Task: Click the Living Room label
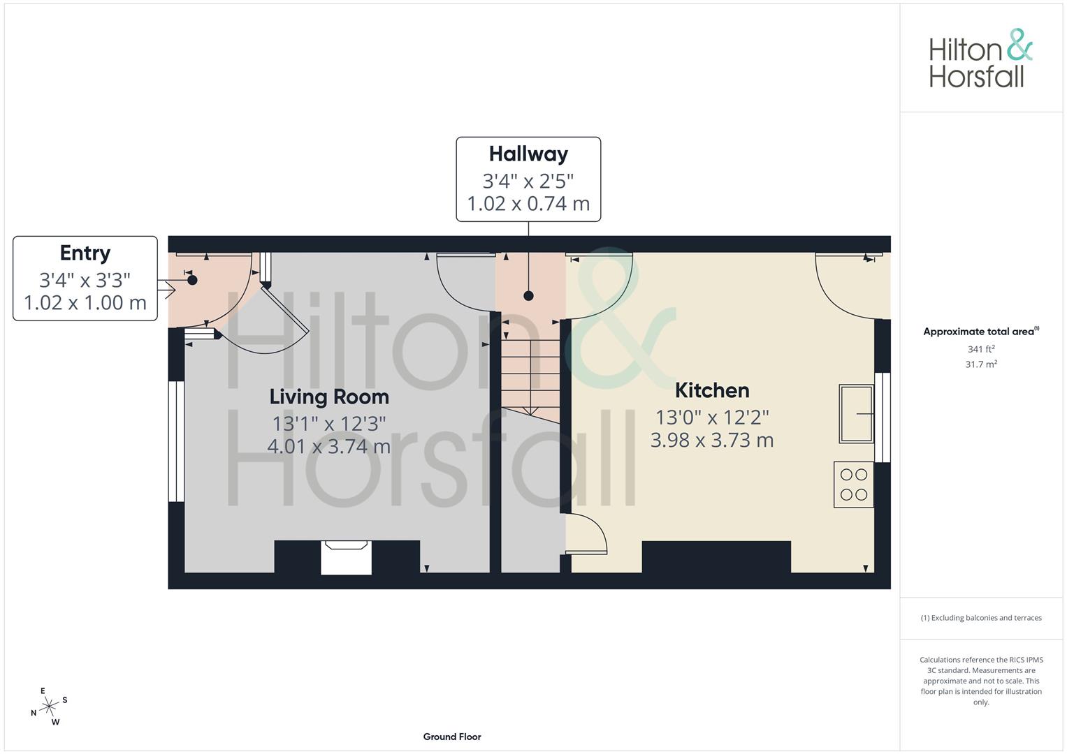pos(329,397)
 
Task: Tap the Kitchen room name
pos(712,391)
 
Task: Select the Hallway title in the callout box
pos(528,154)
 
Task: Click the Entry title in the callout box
pos(85,253)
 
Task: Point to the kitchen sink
pos(856,413)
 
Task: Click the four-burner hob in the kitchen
pos(853,485)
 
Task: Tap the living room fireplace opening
pos(346,557)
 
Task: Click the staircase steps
pos(530,376)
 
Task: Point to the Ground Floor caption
pos(452,737)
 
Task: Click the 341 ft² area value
pos(981,349)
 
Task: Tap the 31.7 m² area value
pos(981,364)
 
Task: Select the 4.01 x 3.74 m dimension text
pos(328,447)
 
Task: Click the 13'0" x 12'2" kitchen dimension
pos(712,417)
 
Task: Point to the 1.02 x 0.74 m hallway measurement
pos(528,204)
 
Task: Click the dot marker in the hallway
pos(528,295)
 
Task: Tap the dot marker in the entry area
pos(192,280)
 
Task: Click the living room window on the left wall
pos(176,441)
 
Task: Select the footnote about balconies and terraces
pos(981,618)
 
